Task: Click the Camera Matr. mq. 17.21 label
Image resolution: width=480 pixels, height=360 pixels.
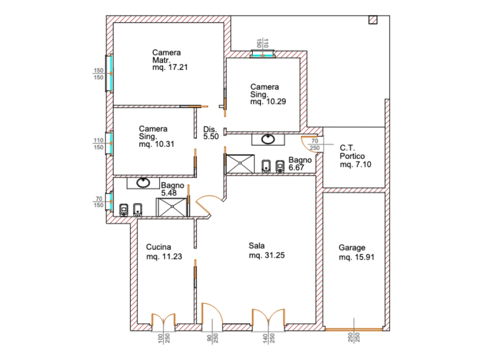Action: pyautogui.click(x=170, y=60)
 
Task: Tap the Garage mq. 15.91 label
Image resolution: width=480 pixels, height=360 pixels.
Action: pyautogui.click(x=356, y=252)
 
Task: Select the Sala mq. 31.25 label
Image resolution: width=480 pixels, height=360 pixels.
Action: pyautogui.click(x=266, y=250)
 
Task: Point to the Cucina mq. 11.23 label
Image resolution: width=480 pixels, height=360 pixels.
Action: pyautogui.click(x=164, y=251)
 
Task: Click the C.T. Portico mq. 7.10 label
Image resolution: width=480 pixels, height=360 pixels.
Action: pyautogui.click(x=355, y=156)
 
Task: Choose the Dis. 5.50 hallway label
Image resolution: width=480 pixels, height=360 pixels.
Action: pyautogui.click(x=211, y=133)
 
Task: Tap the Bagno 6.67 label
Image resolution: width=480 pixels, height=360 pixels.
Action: pyautogui.click(x=300, y=164)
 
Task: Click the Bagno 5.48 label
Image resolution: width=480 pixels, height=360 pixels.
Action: pyautogui.click(x=172, y=189)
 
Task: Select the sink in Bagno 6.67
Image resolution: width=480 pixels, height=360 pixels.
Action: pyautogui.click(x=268, y=139)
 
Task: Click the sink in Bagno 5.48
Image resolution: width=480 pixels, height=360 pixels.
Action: pyautogui.click(x=143, y=183)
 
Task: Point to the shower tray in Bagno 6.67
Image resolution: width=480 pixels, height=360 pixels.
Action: pyautogui.click(x=240, y=164)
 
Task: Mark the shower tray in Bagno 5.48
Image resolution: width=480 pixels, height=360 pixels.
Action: pyautogui.click(x=171, y=207)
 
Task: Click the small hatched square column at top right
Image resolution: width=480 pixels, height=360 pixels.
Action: pyautogui.click(x=373, y=20)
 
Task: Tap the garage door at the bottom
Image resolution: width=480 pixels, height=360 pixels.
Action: pyautogui.click(x=354, y=329)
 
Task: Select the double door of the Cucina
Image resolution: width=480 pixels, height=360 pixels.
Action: pyautogui.click(x=163, y=319)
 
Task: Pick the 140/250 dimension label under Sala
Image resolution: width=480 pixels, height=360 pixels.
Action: pyautogui.click(x=269, y=338)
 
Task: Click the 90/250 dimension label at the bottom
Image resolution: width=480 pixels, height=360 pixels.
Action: pyautogui.click(x=212, y=338)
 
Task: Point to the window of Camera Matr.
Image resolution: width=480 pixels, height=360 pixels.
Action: pyautogui.click(x=109, y=73)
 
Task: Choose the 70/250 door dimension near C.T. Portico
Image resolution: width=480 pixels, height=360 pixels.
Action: pyautogui.click(x=314, y=144)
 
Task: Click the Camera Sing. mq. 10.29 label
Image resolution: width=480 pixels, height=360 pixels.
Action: pyautogui.click(x=268, y=94)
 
